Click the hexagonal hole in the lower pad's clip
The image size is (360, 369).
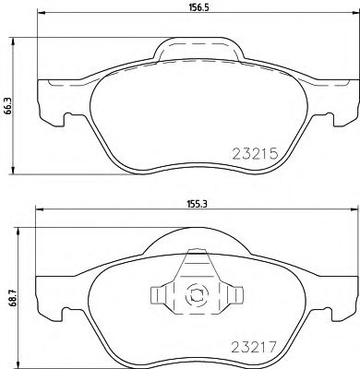point(196,297)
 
